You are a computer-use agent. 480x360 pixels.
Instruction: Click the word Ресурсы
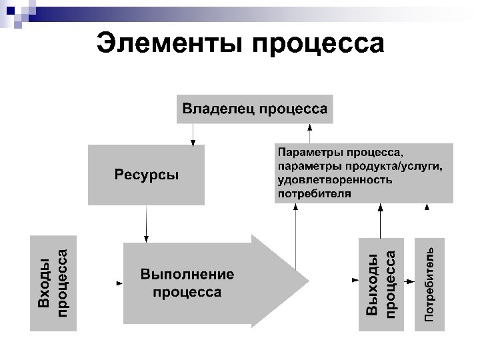(146, 175)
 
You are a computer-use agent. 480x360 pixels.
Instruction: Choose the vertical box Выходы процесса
(381, 283)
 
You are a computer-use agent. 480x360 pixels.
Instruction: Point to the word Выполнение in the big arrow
(187, 275)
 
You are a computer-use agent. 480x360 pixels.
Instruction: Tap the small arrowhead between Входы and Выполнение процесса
(119, 283)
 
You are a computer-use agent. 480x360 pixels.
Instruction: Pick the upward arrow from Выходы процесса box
(381, 220)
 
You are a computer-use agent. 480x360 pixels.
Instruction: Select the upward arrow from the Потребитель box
(427, 220)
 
